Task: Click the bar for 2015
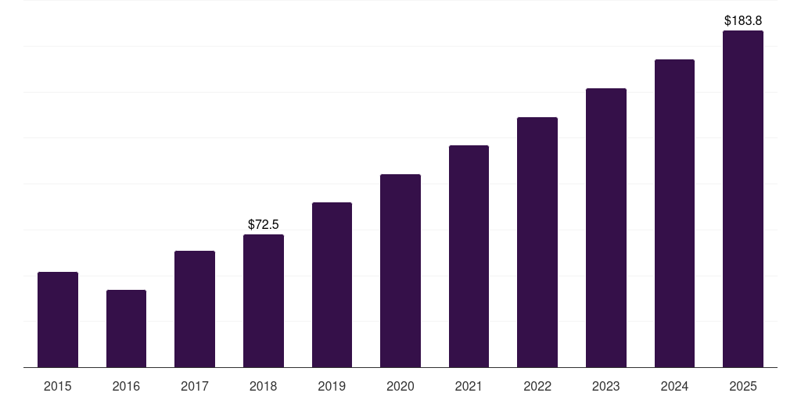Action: pyautogui.click(x=58, y=320)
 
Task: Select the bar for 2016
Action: pyautogui.click(x=126, y=328)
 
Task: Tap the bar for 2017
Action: pyautogui.click(x=195, y=309)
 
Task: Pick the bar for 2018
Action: pyautogui.click(x=264, y=301)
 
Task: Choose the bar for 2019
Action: pyautogui.click(x=332, y=284)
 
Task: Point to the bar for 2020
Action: pyautogui.click(x=400, y=270)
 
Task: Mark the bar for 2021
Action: pyautogui.click(x=469, y=256)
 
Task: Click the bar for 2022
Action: pyautogui.click(x=537, y=242)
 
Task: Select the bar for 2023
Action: pyautogui.click(x=606, y=227)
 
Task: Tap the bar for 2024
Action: pyautogui.click(x=674, y=213)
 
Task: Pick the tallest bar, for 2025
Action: pyautogui.click(x=743, y=198)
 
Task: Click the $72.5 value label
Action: pyautogui.click(x=264, y=225)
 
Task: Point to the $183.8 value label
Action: pyautogui.click(x=743, y=21)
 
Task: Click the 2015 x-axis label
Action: pyautogui.click(x=58, y=386)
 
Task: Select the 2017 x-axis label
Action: pyautogui.click(x=195, y=386)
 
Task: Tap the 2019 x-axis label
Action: pyautogui.click(x=332, y=386)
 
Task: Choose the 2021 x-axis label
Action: pyautogui.click(x=469, y=386)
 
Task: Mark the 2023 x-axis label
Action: pyautogui.click(x=606, y=386)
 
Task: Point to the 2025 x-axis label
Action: pyautogui.click(x=743, y=386)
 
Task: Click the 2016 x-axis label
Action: pyautogui.click(x=126, y=386)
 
